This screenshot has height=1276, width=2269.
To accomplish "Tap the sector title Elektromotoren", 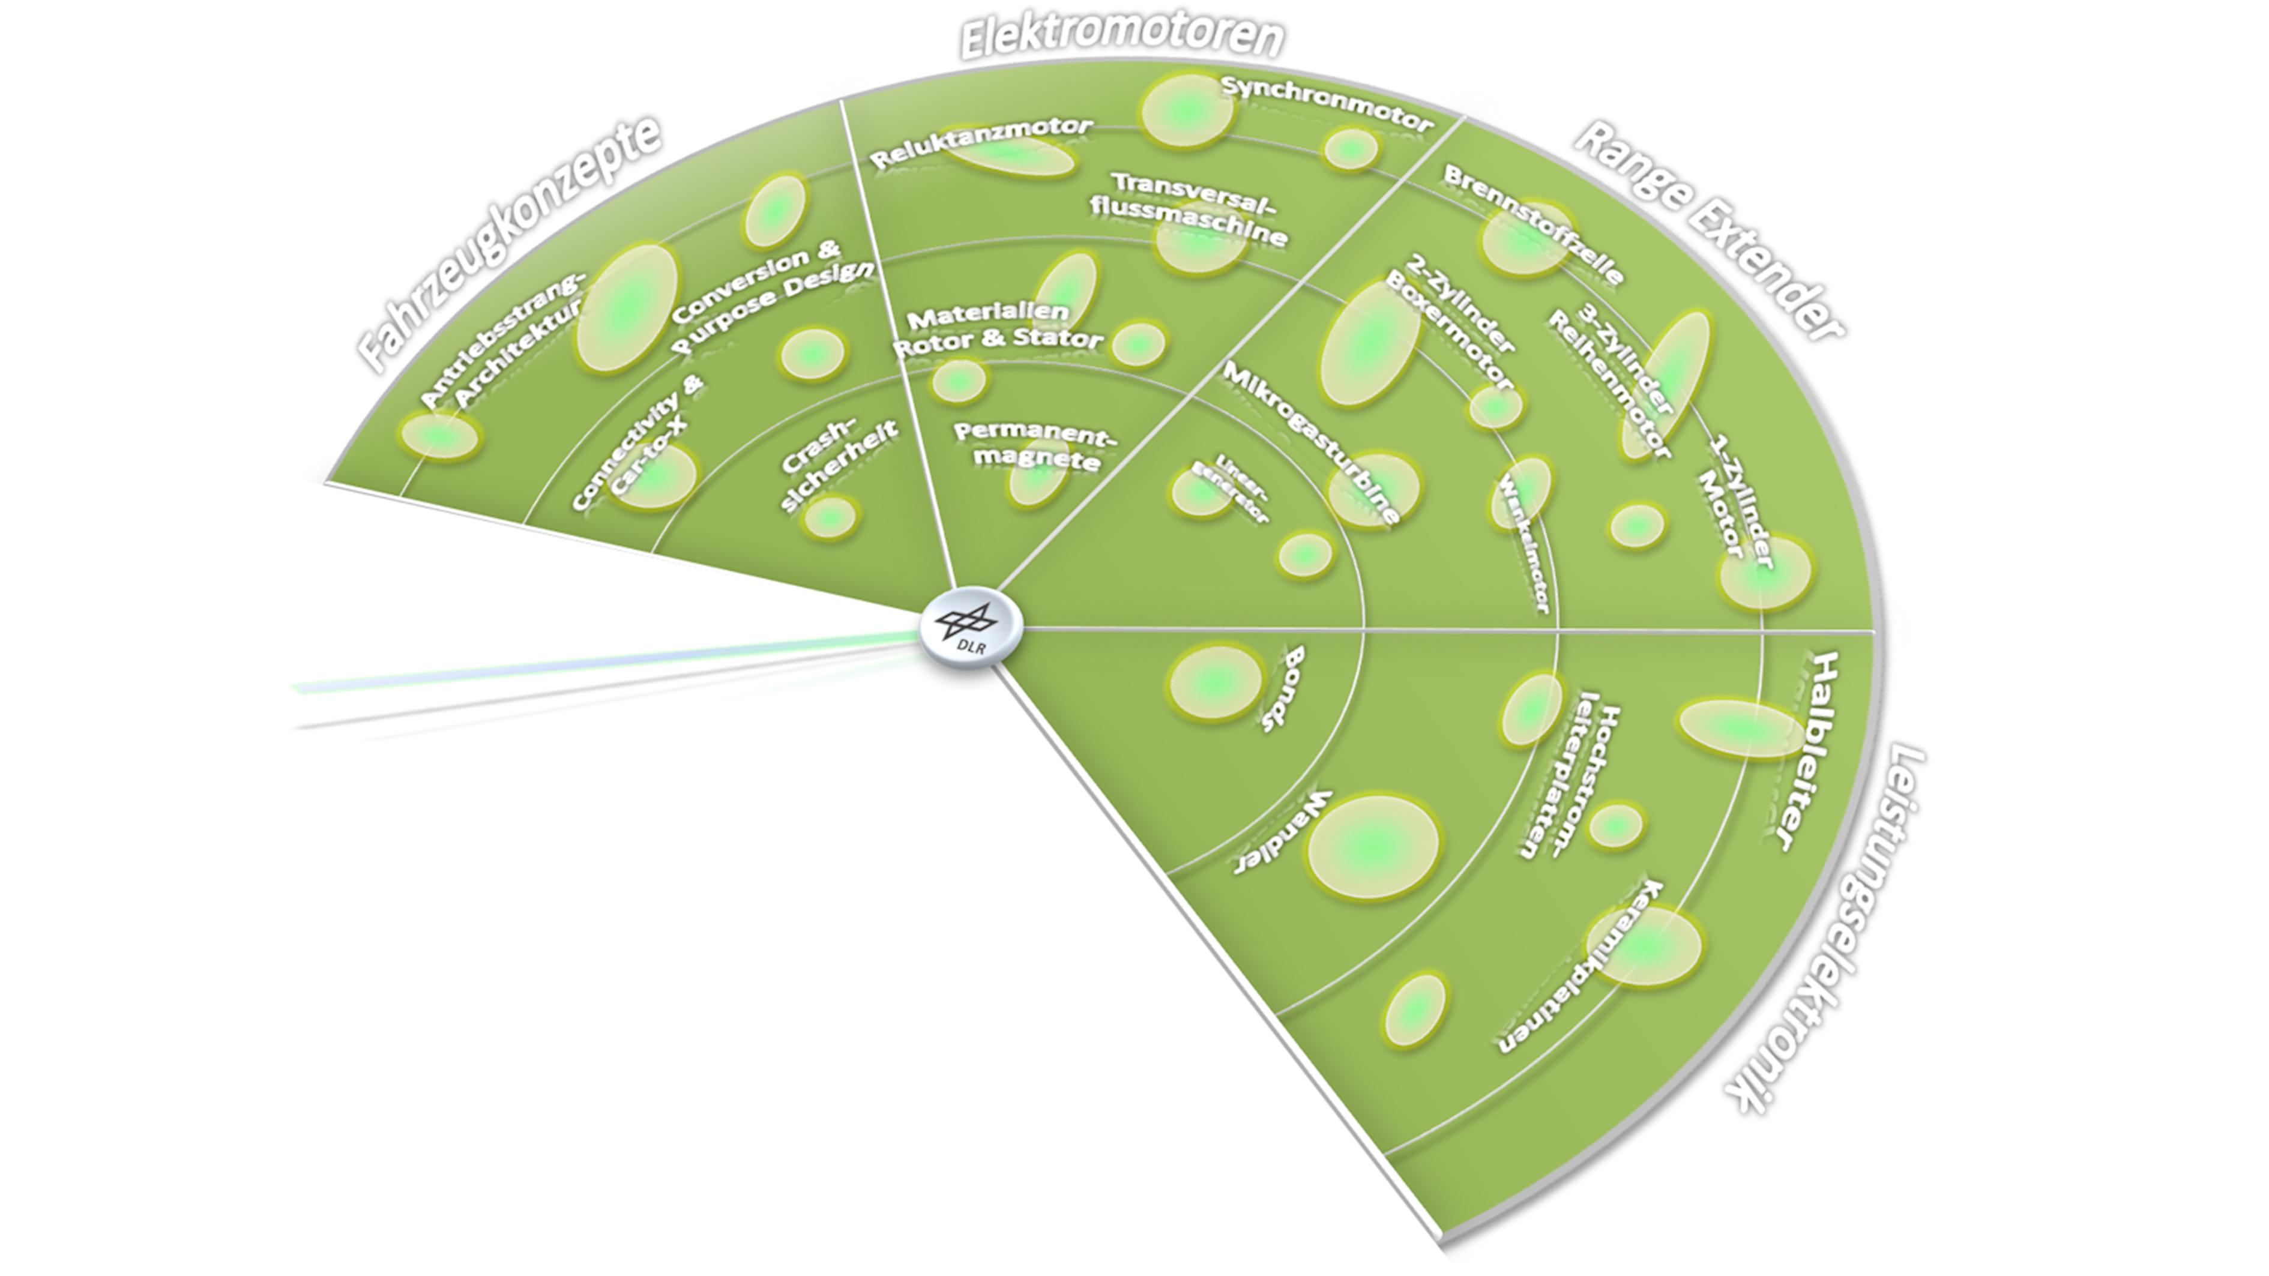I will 1121,37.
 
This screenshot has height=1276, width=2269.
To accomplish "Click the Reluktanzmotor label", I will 980,142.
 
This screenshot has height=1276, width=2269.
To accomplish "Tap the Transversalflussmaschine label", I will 1189,209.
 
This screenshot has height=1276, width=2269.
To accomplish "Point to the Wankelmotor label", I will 1524,546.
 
